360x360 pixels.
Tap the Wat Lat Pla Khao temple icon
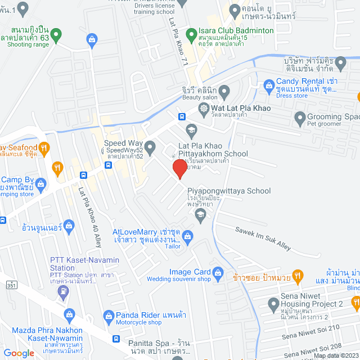pos(203,108)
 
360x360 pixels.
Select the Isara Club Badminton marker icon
pos(191,30)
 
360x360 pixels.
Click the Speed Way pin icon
pos(150,147)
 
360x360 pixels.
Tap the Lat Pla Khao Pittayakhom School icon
pos(191,129)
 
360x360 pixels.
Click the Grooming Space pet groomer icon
pos(300,118)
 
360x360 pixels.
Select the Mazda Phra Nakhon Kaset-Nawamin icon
pos(69,314)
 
